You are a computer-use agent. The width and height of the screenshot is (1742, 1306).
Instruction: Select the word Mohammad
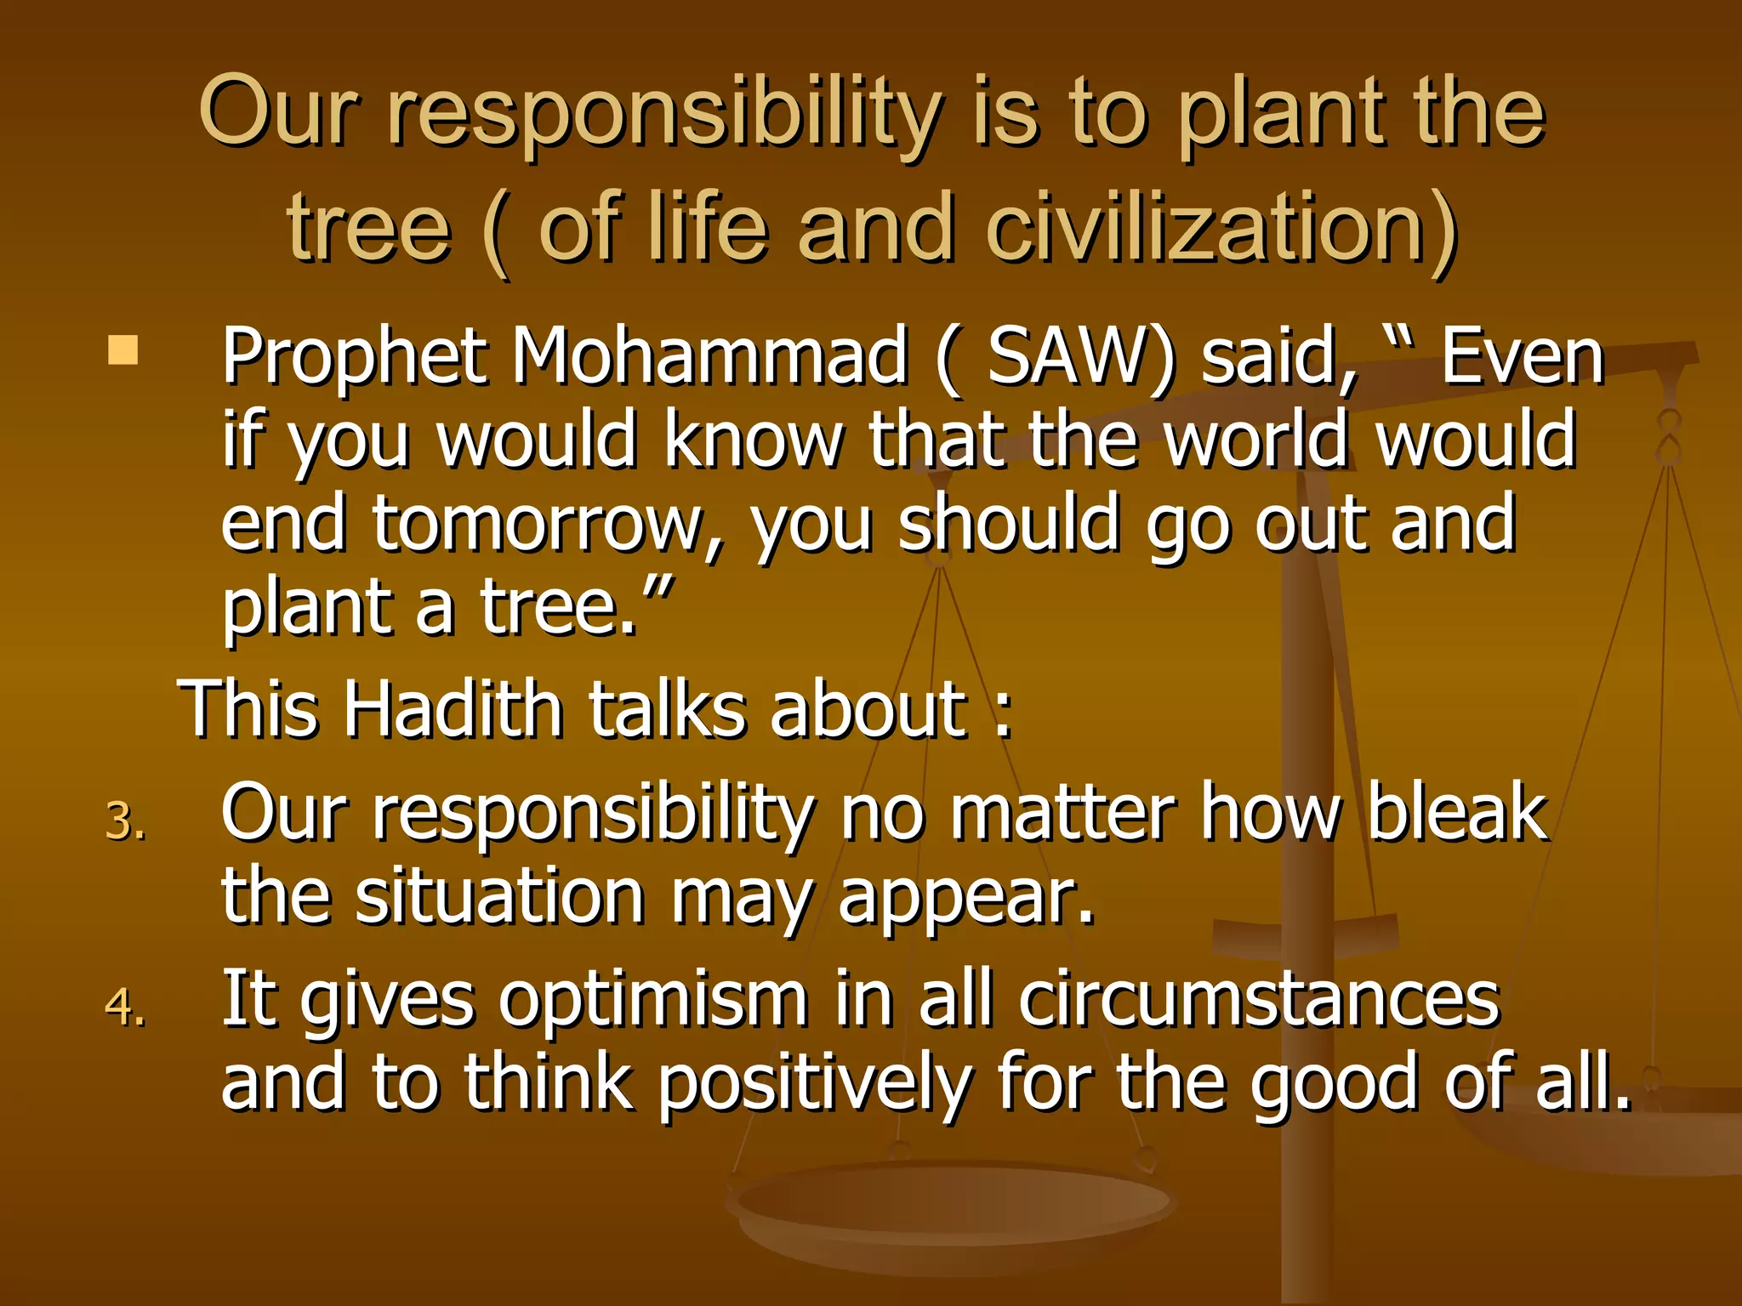pyautogui.click(x=709, y=357)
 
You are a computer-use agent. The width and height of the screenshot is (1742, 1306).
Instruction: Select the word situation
pyautogui.click(x=499, y=897)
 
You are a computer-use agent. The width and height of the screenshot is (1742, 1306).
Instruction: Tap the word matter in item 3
pyautogui.click(x=1062, y=814)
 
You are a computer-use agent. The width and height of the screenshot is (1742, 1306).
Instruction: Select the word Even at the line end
pyautogui.click(x=1521, y=357)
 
